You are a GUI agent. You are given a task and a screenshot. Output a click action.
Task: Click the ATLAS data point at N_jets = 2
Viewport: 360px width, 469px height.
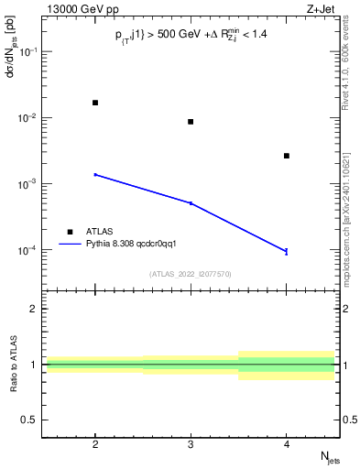point(95,103)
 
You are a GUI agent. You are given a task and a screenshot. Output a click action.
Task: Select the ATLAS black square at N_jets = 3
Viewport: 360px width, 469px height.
point(191,122)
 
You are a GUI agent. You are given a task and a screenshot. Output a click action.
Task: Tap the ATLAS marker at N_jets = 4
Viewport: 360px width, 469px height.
point(287,156)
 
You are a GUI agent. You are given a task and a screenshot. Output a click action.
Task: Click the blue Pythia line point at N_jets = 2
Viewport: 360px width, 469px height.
point(95,174)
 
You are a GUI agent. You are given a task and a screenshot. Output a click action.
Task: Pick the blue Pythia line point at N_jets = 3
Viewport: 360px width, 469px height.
point(191,203)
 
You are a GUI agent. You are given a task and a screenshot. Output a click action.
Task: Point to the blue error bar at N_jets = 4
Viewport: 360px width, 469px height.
point(287,251)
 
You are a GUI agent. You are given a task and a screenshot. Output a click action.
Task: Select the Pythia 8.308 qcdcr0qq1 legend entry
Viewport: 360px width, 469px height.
point(124,245)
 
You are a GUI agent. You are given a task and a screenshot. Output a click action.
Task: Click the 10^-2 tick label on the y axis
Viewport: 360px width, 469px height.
point(29,118)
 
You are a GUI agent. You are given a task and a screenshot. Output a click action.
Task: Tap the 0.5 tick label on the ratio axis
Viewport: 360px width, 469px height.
point(30,420)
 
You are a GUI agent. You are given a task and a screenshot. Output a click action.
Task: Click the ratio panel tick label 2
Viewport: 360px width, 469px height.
point(34,309)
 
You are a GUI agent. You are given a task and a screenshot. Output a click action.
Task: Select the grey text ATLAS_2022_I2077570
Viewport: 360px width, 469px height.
point(191,274)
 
